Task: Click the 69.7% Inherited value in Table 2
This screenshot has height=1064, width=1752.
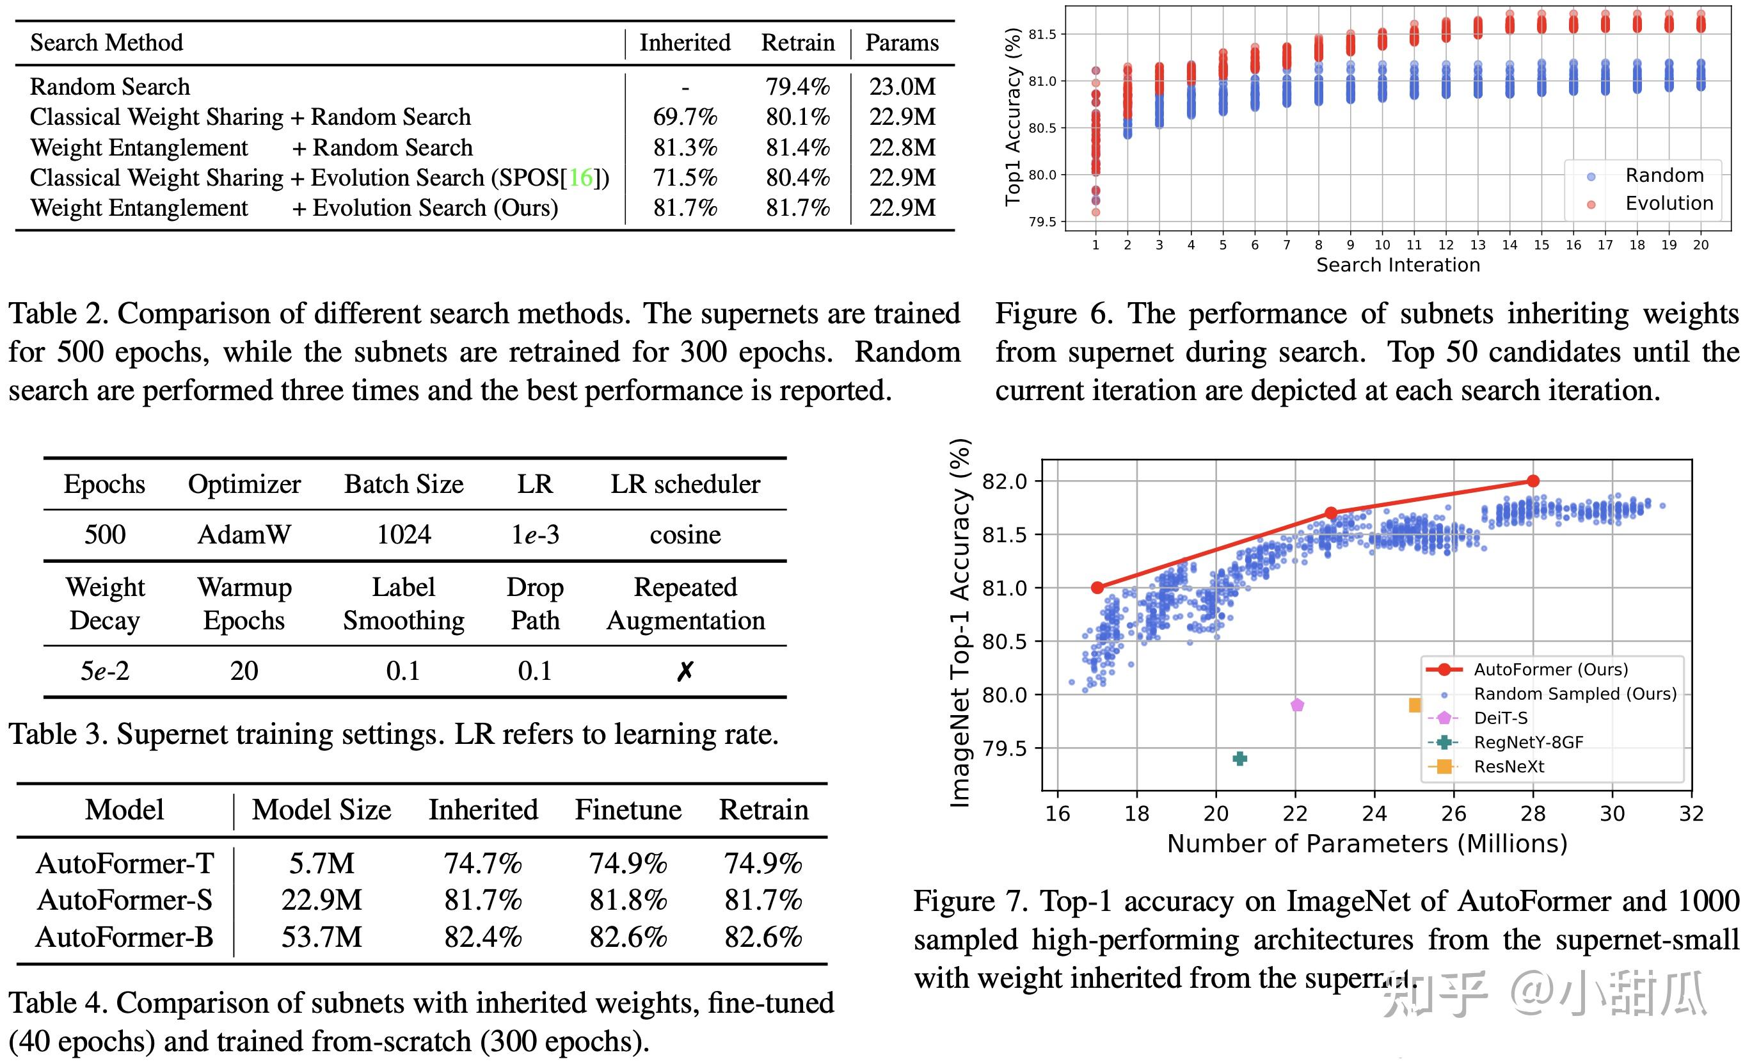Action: (685, 117)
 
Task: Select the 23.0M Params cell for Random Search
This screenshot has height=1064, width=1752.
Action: (902, 86)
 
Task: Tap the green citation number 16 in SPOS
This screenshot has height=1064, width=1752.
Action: (581, 177)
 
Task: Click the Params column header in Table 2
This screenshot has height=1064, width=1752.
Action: (902, 43)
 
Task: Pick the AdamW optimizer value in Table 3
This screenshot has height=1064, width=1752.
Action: (244, 534)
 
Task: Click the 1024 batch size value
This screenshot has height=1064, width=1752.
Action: (403, 534)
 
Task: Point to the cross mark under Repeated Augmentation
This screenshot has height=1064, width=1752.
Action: (685, 671)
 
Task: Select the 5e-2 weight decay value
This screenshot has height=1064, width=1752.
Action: (104, 671)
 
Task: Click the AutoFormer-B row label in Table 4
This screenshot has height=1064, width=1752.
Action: (124, 937)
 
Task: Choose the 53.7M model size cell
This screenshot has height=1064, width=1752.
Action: (321, 937)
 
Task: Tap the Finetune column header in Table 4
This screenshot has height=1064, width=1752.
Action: (628, 809)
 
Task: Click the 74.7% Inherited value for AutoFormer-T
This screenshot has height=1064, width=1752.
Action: (483, 864)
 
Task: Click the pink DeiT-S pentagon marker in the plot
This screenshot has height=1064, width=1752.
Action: (1297, 705)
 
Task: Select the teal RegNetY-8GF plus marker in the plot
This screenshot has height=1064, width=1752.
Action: (1239, 758)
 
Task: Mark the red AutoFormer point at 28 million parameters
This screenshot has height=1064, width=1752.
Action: (1533, 481)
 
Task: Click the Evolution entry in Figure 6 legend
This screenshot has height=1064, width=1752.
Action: (1668, 204)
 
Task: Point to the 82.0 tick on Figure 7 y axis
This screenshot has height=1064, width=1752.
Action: (1004, 481)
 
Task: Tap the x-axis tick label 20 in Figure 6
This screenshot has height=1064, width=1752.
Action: (1700, 245)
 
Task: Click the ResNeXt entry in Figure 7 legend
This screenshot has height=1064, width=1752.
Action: (1509, 766)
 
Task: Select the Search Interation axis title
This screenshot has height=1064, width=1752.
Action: (1398, 264)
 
